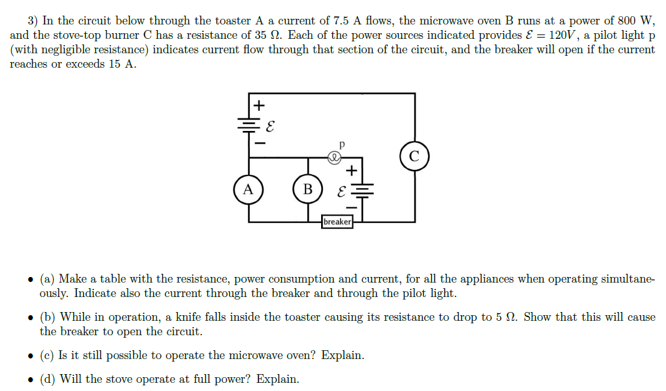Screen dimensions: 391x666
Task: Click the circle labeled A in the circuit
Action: (x=248, y=189)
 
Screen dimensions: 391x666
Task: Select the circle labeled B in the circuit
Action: (x=307, y=189)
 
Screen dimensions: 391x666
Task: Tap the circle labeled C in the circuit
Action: (x=414, y=156)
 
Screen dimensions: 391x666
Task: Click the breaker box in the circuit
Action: (x=337, y=222)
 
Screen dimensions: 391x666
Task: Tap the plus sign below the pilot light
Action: (x=352, y=169)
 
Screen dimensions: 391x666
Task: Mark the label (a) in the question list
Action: (x=48, y=279)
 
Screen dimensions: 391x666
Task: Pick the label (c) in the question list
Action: (x=47, y=355)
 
